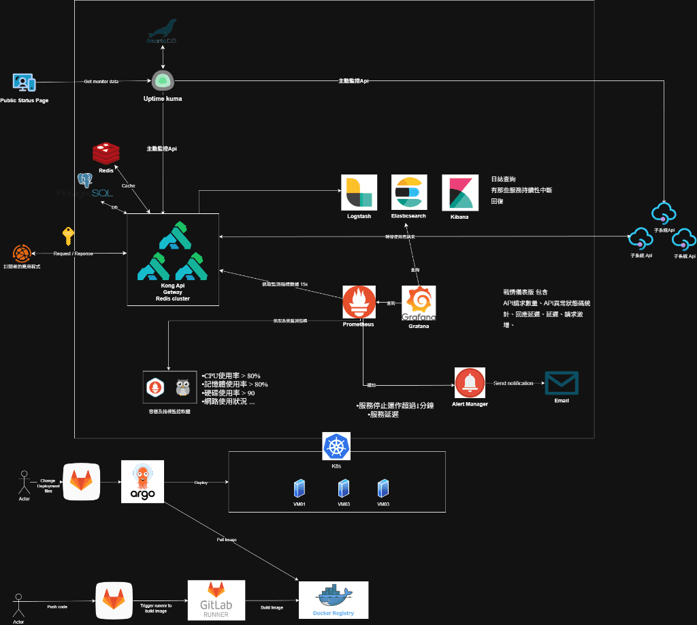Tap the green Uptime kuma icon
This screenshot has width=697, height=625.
pos(163,80)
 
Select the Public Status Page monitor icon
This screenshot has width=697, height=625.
pos(24,82)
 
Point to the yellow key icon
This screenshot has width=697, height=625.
pos(68,236)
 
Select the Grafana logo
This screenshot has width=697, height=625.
pos(419,303)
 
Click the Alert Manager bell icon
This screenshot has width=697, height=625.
pos(470,384)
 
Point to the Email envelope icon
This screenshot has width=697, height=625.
pos(562,384)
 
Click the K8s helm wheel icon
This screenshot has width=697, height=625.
pos(336,446)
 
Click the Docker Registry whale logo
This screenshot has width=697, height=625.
pos(334,596)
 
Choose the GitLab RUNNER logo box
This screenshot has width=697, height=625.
pos(216,600)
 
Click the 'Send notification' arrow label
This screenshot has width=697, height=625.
pos(514,384)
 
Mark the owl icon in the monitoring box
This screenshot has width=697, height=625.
pos(182,387)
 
